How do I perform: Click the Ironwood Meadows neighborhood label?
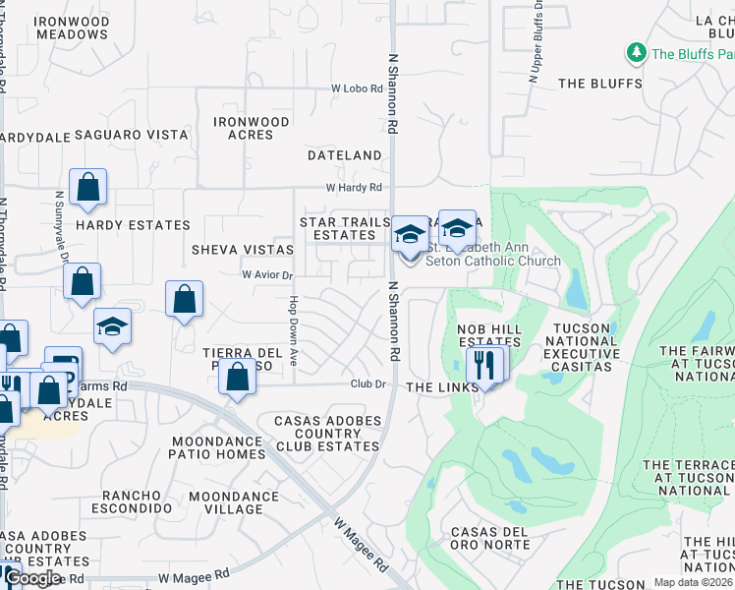tap(72, 27)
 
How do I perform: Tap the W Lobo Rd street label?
tap(356, 88)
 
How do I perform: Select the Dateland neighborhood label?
tap(344, 155)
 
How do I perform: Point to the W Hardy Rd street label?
tap(354, 187)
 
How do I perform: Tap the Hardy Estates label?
tap(133, 224)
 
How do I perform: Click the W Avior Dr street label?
tap(268, 275)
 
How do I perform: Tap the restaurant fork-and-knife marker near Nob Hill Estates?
tap(483, 364)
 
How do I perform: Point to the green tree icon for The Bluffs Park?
tap(636, 52)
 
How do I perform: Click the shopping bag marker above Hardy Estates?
tap(87, 188)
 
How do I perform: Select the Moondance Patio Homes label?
tap(217, 447)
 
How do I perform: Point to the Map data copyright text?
tap(691, 582)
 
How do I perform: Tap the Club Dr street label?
tap(369, 384)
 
